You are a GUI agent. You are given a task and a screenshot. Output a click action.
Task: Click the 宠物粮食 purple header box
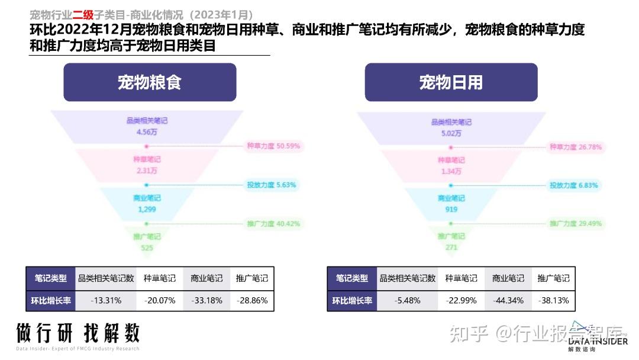point(150,82)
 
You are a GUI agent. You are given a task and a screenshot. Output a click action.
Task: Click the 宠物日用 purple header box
point(451,82)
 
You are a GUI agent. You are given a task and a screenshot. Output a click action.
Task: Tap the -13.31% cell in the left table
point(106,300)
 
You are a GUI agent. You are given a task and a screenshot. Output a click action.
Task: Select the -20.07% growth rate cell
point(160,300)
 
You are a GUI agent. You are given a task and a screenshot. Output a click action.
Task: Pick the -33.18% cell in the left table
point(206,300)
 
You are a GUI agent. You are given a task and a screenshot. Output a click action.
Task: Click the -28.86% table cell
point(252,300)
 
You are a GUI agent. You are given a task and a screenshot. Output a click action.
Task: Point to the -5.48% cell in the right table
point(408,300)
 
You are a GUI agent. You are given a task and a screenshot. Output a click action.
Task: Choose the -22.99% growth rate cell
point(461,300)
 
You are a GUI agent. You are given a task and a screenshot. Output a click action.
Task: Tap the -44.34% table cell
point(508,300)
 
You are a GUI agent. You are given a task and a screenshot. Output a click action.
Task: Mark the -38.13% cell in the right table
point(553,300)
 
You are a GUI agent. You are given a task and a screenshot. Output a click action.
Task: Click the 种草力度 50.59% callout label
point(273,146)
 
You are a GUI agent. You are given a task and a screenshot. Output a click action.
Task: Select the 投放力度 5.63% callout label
point(271,185)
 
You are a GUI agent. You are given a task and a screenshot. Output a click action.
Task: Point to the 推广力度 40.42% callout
point(273,224)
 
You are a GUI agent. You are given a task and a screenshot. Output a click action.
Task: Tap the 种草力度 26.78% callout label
point(575,146)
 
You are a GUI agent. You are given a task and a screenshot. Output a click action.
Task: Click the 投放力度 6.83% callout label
point(573,185)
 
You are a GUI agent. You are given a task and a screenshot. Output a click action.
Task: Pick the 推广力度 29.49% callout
point(575,224)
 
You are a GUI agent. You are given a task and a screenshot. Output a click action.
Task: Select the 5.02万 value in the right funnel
point(451,133)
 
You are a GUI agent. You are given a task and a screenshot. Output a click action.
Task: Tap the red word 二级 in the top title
point(83,15)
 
